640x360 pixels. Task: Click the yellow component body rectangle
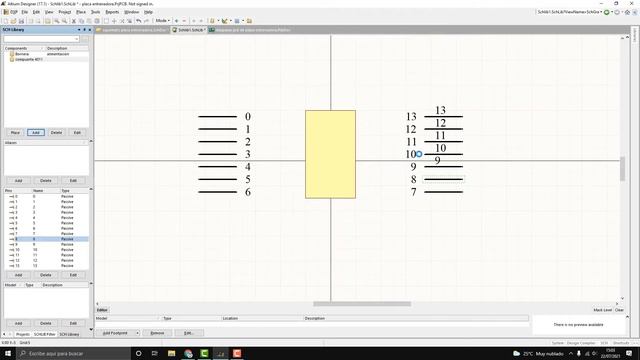(329, 154)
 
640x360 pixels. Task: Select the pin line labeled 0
(217, 117)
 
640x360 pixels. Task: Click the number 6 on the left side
(248, 191)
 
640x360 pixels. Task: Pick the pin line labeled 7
(443, 191)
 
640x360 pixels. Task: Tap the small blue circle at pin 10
(419, 154)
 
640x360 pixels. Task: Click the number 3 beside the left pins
(248, 154)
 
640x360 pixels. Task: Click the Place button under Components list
(15, 132)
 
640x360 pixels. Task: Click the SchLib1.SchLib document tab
(189, 30)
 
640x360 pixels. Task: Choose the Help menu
(148, 11)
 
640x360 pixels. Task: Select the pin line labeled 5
(217, 179)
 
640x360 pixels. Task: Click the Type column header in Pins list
(66, 189)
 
